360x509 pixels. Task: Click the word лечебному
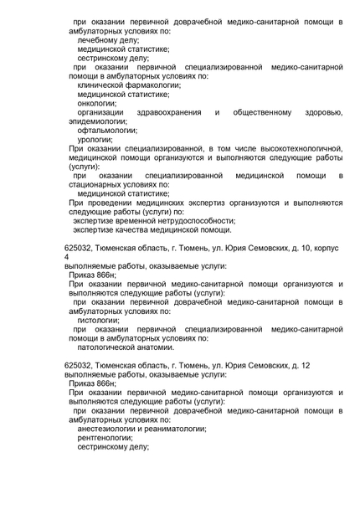[x=98, y=39]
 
